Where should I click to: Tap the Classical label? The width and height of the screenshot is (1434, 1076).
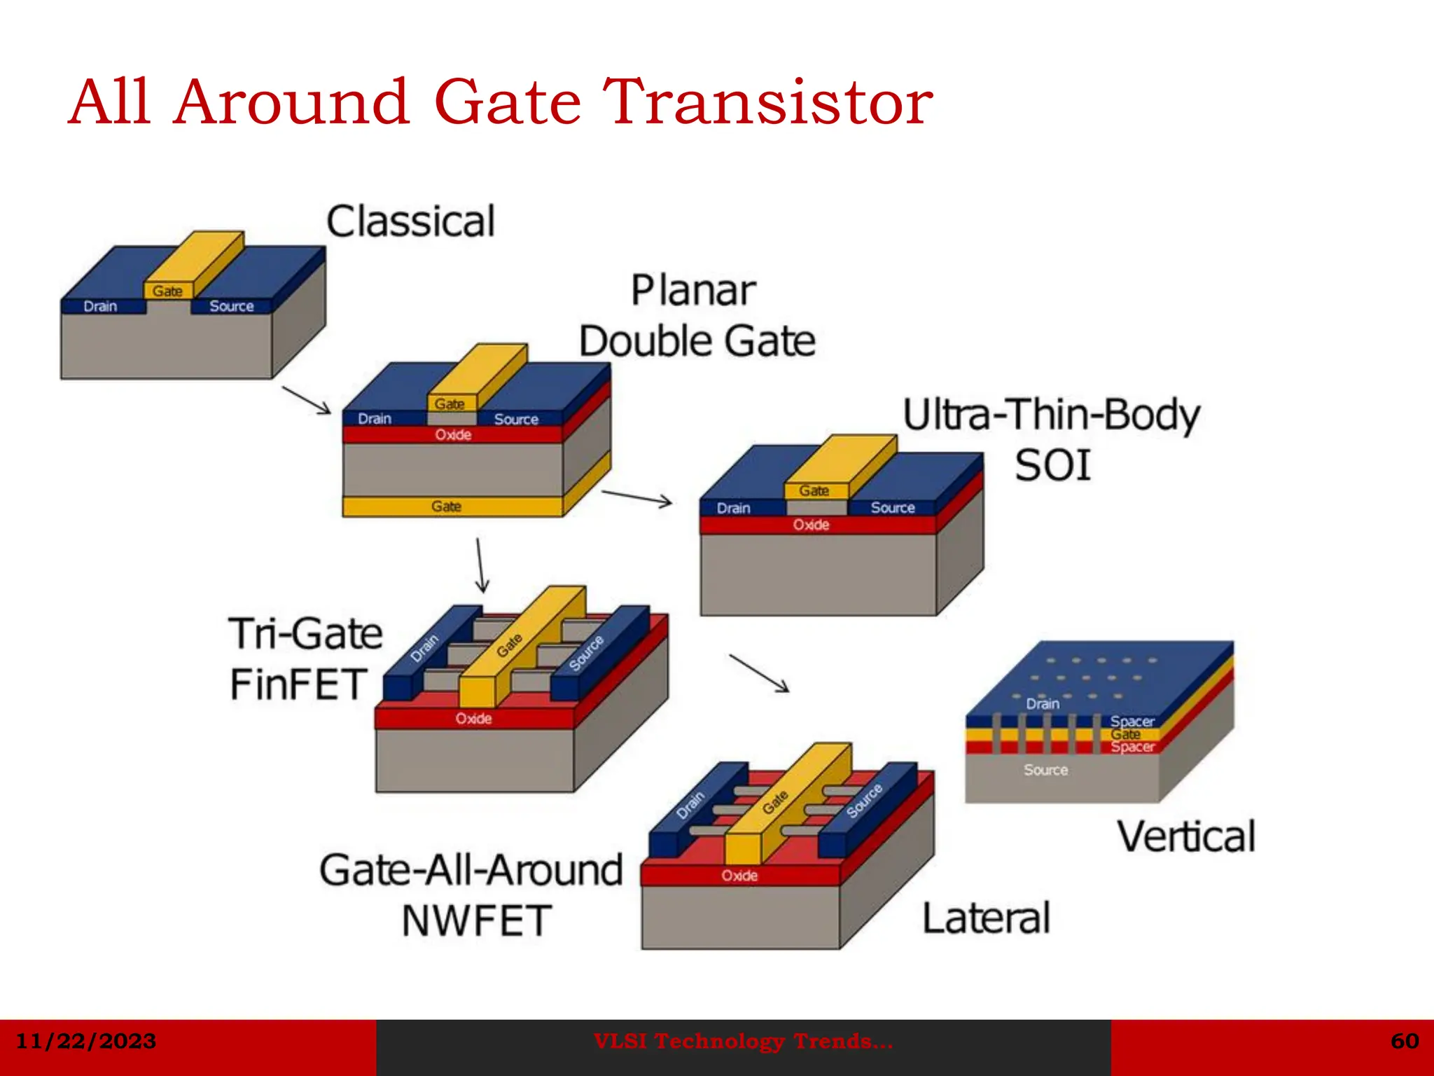(411, 221)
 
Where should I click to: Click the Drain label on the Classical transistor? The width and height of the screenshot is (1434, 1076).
(100, 306)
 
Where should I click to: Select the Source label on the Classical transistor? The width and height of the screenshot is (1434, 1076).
(232, 306)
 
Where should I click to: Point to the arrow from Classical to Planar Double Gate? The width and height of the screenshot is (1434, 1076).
(306, 400)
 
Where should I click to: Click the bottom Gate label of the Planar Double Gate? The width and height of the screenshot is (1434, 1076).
(446, 506)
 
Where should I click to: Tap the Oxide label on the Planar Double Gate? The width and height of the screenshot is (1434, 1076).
(453, 435)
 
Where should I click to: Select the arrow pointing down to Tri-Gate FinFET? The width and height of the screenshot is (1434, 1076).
(480, 565)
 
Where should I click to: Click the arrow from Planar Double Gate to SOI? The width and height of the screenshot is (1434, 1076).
(636, 497)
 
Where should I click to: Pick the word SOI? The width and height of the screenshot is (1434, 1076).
(1052, 466)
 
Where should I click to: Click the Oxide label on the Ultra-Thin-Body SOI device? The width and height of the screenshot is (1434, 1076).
(811, 525)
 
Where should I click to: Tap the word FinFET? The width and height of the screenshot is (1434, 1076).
(299, 684)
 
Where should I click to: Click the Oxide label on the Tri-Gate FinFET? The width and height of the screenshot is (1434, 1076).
(473, 719)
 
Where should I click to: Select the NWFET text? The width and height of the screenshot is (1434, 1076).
(477, 920)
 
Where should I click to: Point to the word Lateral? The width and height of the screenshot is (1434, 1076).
(986, 918)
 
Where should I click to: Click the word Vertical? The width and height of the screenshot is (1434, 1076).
(1186, 836)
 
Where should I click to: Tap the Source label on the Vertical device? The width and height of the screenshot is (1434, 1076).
(1045, 770)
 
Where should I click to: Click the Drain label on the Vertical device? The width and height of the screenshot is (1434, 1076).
(1043, 704)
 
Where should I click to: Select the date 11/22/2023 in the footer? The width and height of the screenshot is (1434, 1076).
(86, 1041)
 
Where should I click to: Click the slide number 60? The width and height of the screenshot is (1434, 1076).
(1405, 1041)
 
